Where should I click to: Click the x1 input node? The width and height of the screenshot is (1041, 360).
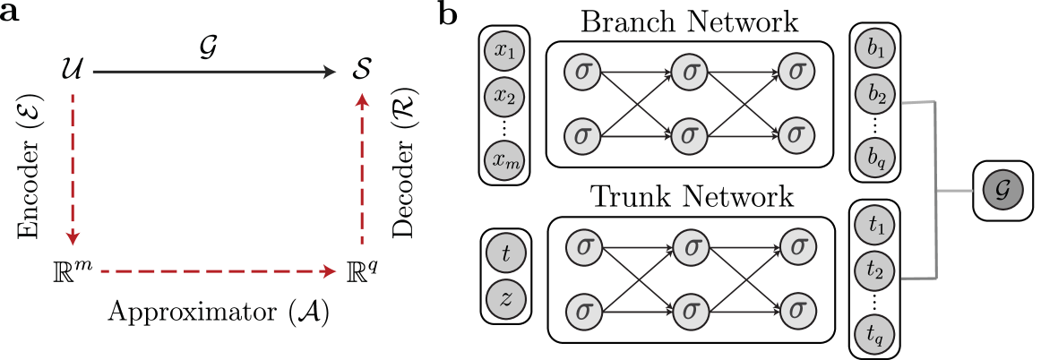tap(504, 51)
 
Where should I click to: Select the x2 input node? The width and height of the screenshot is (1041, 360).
tap(504, 95)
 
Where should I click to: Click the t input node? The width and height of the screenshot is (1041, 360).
tap(505, 253)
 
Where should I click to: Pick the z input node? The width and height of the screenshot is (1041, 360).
tap(505, 297)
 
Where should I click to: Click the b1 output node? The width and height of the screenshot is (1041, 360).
tap(875, 51)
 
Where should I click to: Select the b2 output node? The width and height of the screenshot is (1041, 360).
tap(875, 94)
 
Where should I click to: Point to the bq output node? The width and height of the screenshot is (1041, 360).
tap(875, 158)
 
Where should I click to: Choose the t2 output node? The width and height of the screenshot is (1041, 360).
tap(875, 269)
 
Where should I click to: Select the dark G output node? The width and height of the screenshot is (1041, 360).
tap(1002, 190)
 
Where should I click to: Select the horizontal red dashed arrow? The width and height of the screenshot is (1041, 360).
tap(215, 270)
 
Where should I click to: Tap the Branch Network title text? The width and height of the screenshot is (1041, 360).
tap(690, 20)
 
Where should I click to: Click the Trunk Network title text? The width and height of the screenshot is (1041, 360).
tap(690, 196)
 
